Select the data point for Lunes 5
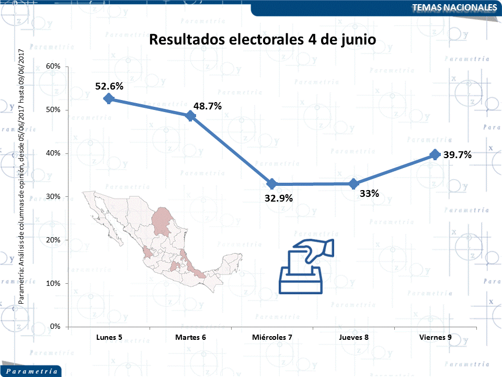click(109, 98)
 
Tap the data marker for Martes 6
click(190, 116)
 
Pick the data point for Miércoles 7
click(272, 184)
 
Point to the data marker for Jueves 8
click(353, 184)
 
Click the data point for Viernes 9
click(435, 154)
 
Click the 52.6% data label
click(109, 86)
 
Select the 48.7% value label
click(208, 106)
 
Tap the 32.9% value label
click(278, 198)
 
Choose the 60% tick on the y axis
click(54, 66)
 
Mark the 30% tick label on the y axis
click(54, 196)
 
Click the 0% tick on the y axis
click(55, 327)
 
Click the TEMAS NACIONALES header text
click(454, 7)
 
